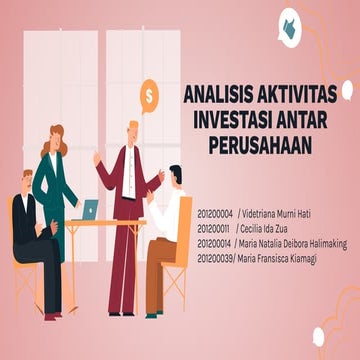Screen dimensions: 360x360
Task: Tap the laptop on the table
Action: (90, 211)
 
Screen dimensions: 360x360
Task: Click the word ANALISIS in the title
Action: (213, 96)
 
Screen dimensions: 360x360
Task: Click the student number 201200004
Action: (215, 213)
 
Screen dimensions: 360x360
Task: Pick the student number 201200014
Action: (215, 242)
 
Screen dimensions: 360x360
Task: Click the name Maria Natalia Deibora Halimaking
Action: (298, 242)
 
